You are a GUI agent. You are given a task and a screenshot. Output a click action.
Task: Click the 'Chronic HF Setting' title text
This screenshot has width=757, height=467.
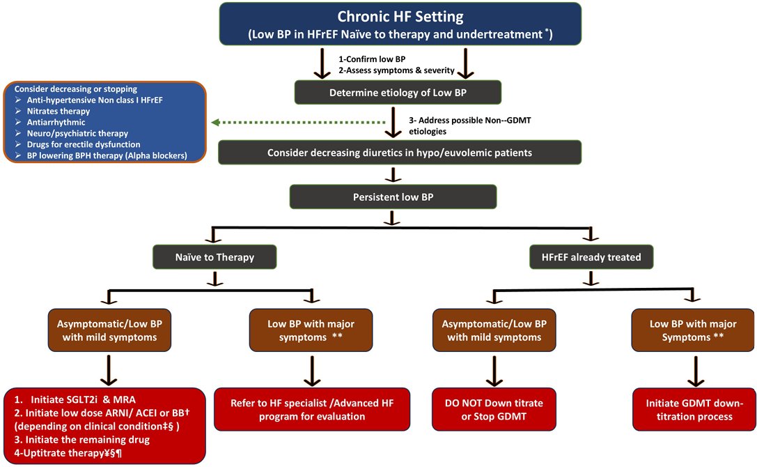[400, 16]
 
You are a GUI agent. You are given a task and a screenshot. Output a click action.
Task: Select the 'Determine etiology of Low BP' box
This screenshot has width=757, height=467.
[397, 92]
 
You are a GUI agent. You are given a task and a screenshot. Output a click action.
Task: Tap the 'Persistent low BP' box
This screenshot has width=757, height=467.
[393, 197]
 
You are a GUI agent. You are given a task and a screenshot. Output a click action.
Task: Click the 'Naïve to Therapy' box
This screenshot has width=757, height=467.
[215, 257]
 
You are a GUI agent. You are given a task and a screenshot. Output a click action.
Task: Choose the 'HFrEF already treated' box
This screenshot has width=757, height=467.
[591, 257]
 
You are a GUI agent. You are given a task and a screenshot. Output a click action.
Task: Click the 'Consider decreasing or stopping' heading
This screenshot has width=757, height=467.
[76, 89]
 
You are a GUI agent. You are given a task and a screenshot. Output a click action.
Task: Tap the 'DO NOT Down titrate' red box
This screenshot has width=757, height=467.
[494, 410]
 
